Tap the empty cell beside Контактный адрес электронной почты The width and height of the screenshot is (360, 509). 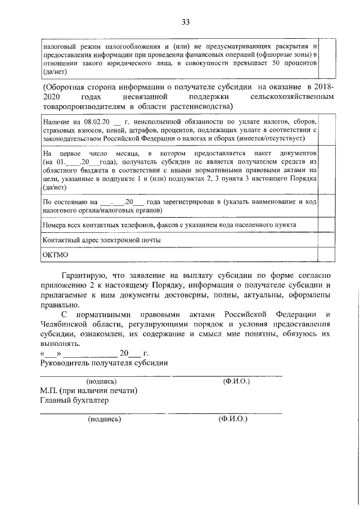tap(327, 240)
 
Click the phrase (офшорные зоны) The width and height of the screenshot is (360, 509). tap(280, 55)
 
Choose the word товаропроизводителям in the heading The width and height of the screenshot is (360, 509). tap(83, 107)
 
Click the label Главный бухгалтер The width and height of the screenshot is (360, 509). tap(74, 400)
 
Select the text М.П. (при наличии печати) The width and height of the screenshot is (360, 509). tap(88, 391)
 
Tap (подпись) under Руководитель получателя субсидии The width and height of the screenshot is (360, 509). tap(101, 381)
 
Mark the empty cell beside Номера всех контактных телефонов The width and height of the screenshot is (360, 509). tap(327, 225)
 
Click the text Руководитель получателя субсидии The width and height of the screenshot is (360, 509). tap(103, 363)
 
